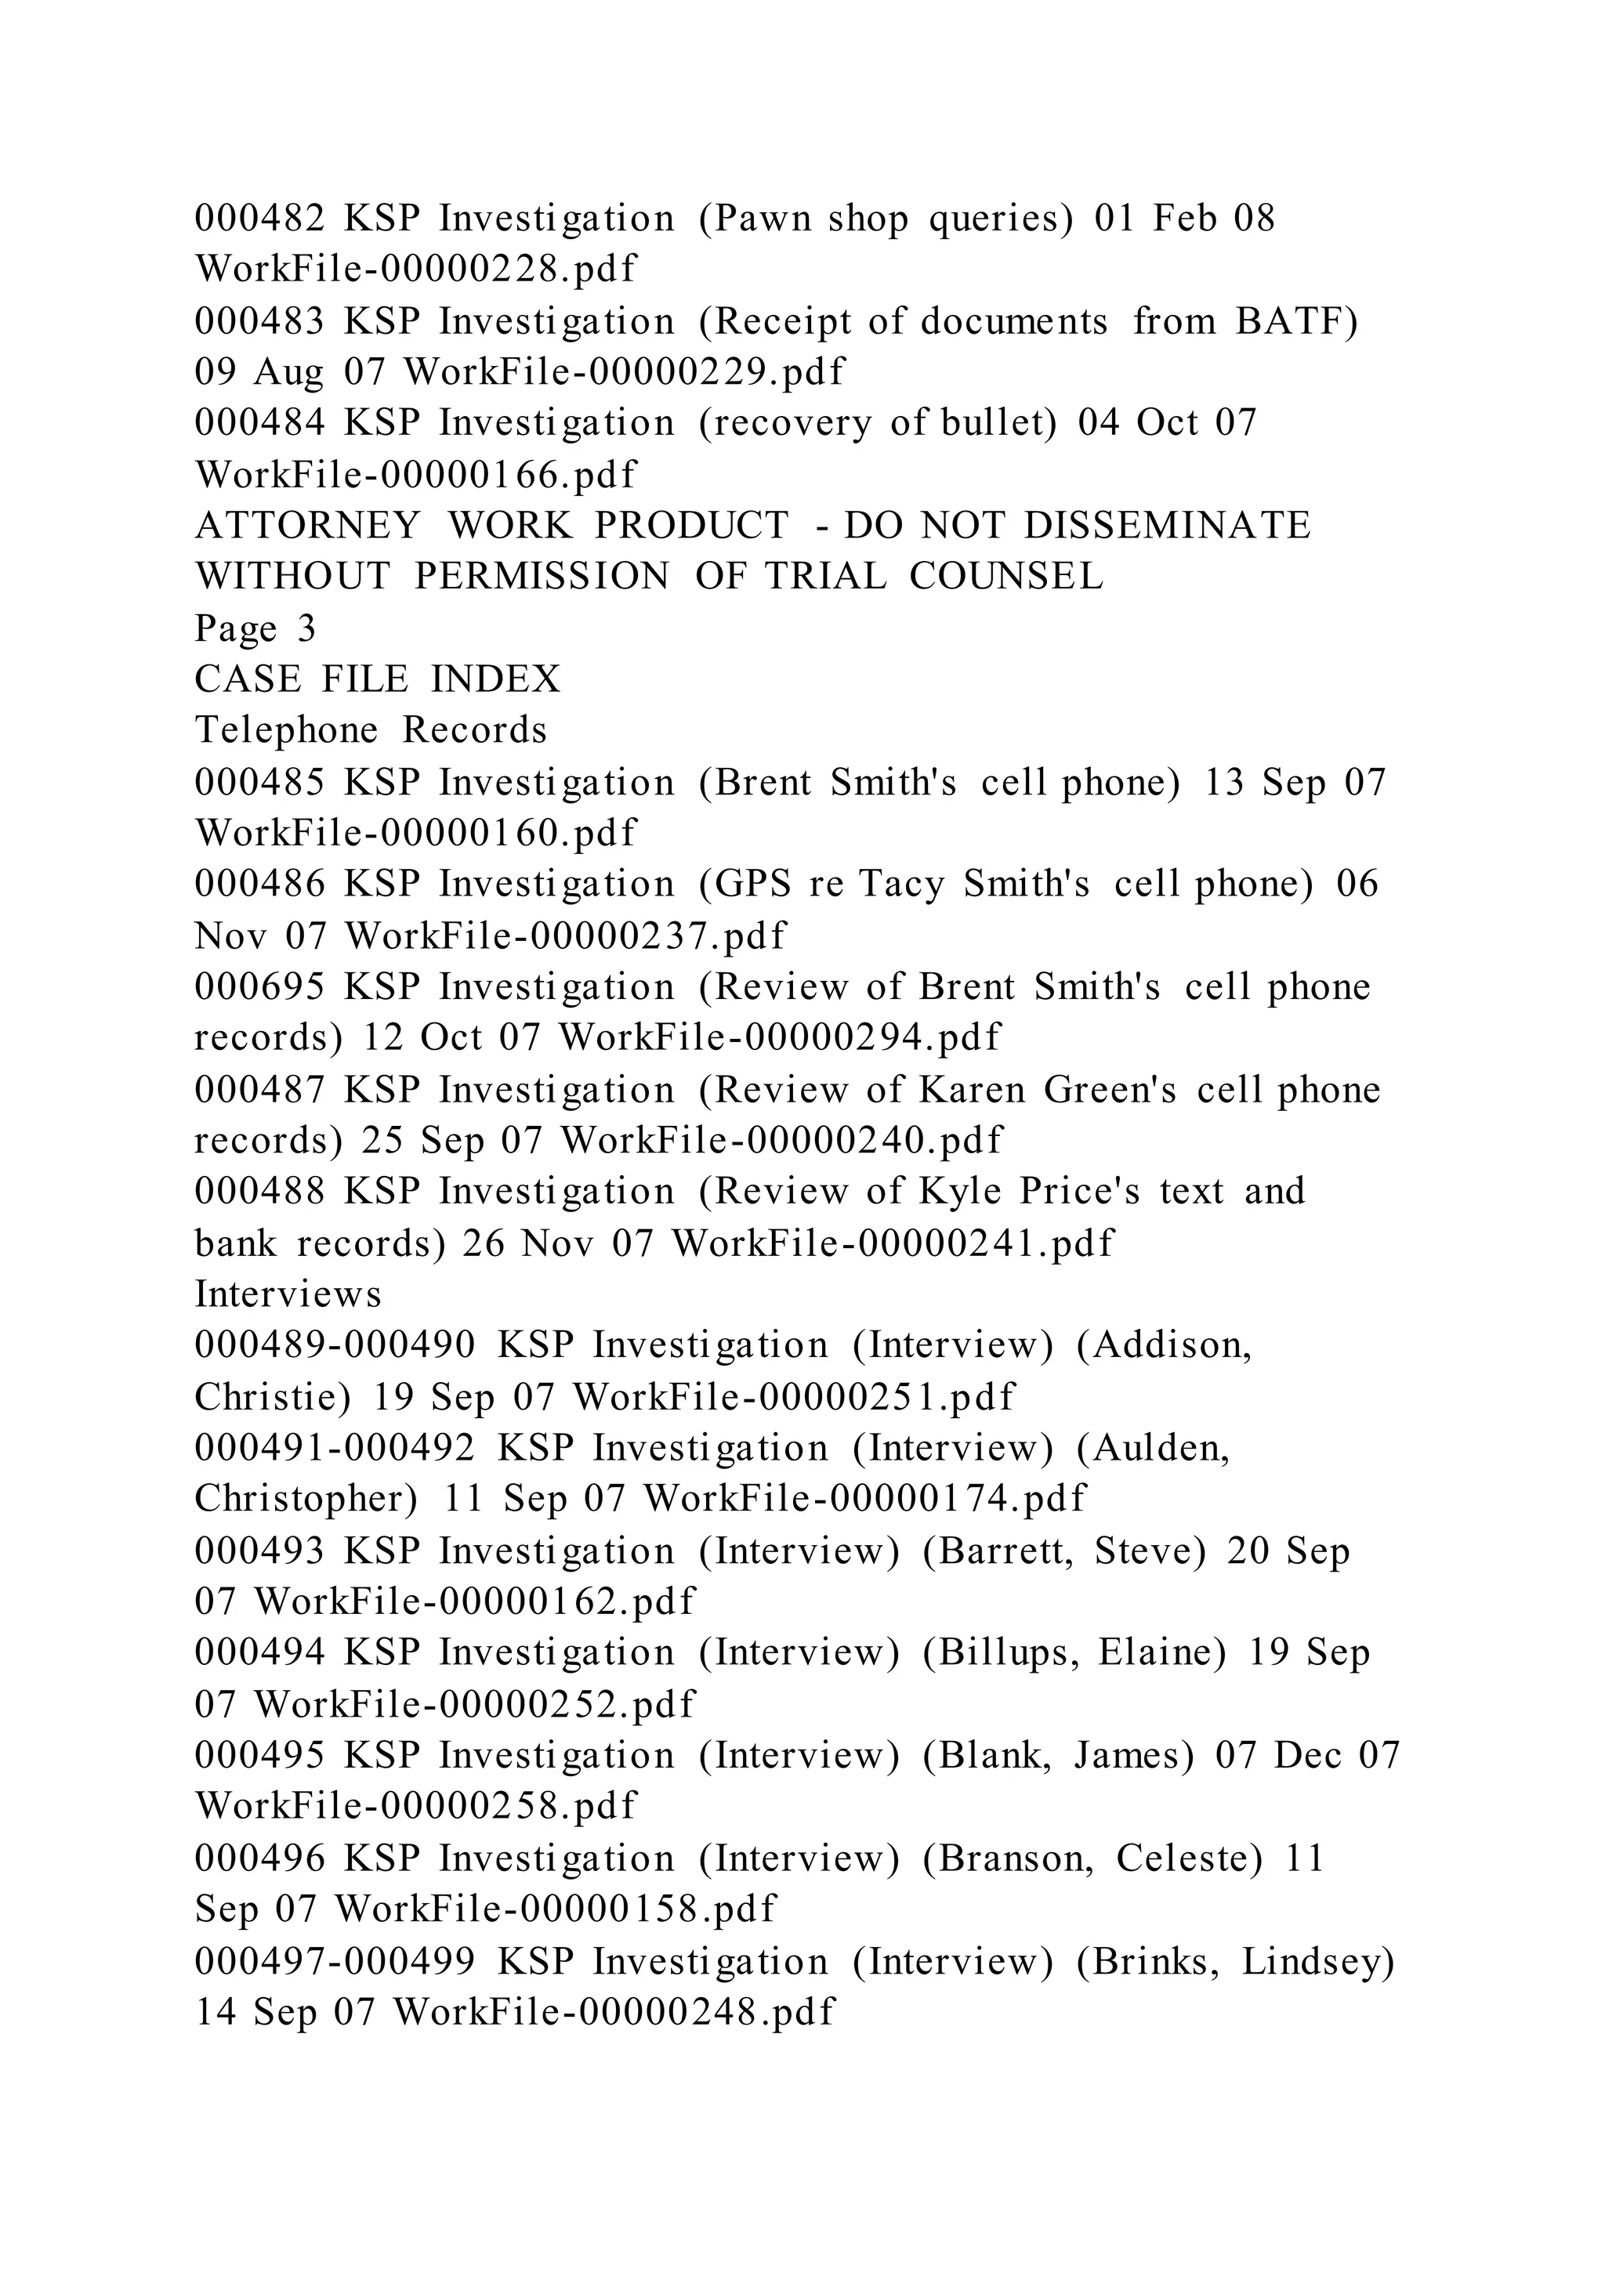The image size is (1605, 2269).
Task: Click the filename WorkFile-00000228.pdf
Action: coord(416,269)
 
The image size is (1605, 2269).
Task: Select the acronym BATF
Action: coord(1295,321)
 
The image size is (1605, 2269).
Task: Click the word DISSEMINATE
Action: coord(1166,526)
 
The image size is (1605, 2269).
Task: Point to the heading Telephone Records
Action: coord(371,730)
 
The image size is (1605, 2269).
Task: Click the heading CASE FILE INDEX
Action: coord(378,679)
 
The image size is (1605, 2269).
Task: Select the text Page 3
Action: coord(255,628)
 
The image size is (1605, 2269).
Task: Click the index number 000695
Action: coord(259,987)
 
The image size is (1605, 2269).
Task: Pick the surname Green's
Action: coord(1110,1090)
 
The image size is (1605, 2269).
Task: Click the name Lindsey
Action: coord(1317,1962)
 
